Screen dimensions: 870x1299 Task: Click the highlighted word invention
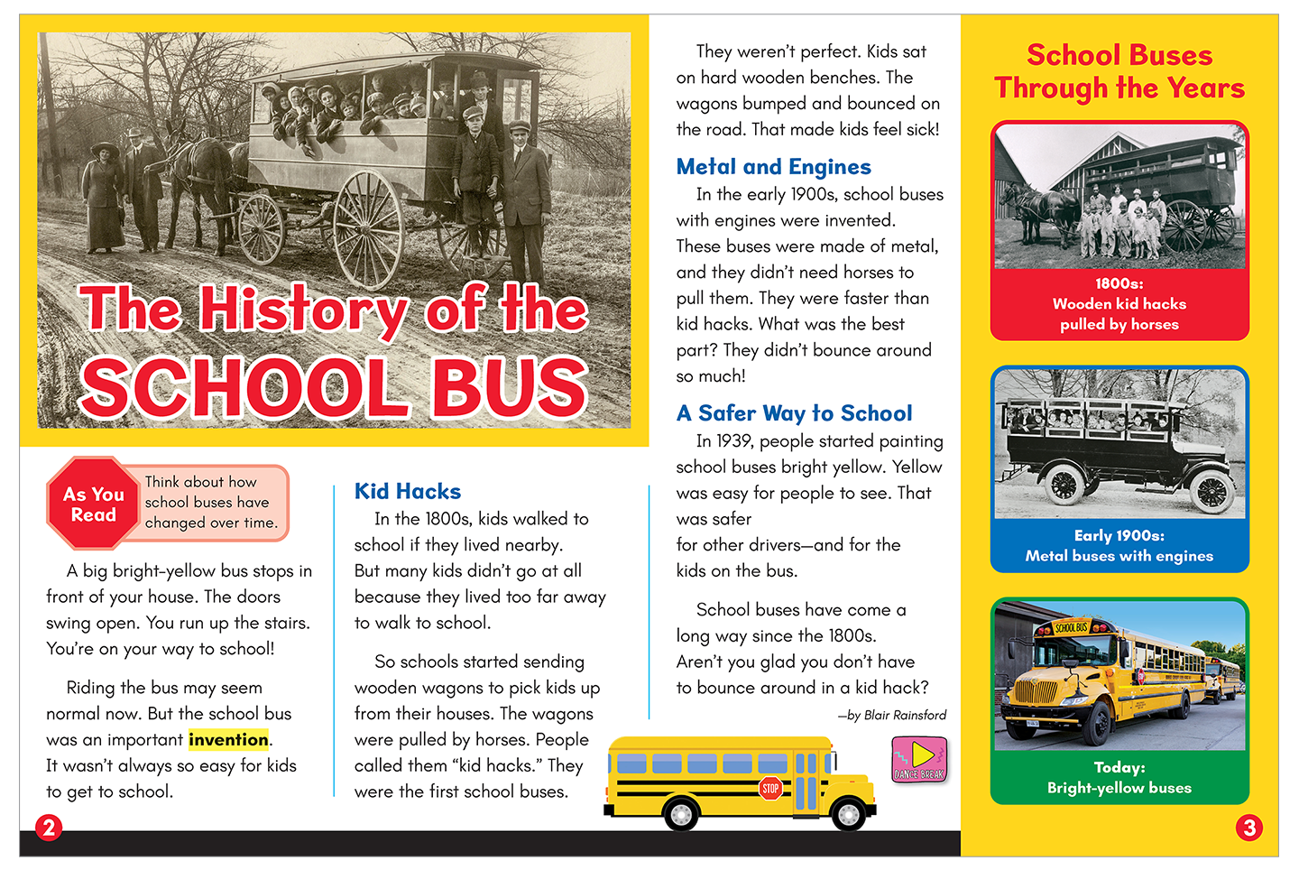(x=228, y=740)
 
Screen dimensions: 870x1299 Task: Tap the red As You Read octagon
(x=93, y=504)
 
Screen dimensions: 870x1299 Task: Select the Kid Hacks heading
(x=408, y=492)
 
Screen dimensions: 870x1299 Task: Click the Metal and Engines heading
(x=773, y=167)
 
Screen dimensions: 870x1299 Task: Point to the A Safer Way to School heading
(x=794, y=413)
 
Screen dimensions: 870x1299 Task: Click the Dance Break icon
(x=919, y=759)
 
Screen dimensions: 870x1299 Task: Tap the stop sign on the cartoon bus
(x=770, y=788)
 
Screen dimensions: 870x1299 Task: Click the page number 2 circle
(x=49, y=827)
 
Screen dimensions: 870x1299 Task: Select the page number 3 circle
(x=1249, y=827)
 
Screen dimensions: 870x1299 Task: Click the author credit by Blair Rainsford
(x=892, y=715)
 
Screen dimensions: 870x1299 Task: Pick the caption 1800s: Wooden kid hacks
(x=1119, y=304)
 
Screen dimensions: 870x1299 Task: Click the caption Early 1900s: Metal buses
(x=1119, y=546)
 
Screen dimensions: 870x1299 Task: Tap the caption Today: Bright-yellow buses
(x=1119, y=777)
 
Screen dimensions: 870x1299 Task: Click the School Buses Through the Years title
(x=1119, y=71)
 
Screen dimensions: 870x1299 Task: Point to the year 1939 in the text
(x=734, y=441)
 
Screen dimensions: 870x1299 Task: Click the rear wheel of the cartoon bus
(x=681, y=813)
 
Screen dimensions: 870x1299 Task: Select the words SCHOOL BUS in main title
(x=334, y=386)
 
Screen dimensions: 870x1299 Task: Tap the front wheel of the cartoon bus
(x=847, y=813)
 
